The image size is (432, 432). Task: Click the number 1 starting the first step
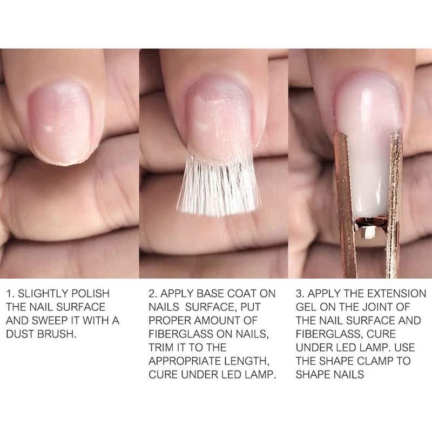[x=10, y=294]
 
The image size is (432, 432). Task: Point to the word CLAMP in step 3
[x=373, y=361]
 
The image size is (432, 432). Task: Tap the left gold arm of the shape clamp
[x=345, y=204]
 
